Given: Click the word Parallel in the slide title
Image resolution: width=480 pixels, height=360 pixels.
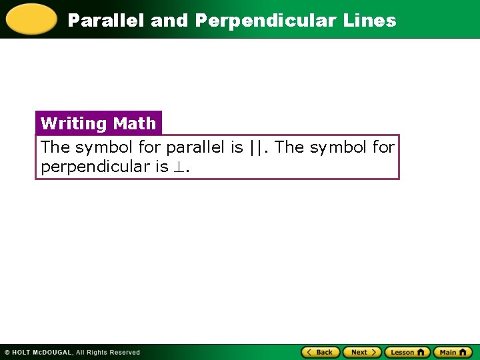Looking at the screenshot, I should coord(107,21).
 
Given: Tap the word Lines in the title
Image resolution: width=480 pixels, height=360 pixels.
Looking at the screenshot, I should coord(369,21).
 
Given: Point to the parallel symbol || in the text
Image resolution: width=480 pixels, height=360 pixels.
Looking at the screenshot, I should coord(256,147).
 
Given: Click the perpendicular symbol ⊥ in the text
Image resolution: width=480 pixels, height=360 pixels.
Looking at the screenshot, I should coord(179,167).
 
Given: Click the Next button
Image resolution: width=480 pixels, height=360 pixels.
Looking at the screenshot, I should coord(362,352).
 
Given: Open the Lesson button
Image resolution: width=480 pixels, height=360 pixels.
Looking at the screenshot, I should coord(407,352).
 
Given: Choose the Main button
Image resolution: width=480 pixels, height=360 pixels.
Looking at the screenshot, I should coord(453,352).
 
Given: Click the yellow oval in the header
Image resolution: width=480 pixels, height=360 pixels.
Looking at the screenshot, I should coord(31,19).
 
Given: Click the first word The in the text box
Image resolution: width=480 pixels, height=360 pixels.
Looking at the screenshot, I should coord(55,147).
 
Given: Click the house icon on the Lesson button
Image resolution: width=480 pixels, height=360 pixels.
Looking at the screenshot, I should coord(421,352).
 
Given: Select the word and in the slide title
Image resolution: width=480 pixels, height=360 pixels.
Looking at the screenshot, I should coord(169,21).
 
